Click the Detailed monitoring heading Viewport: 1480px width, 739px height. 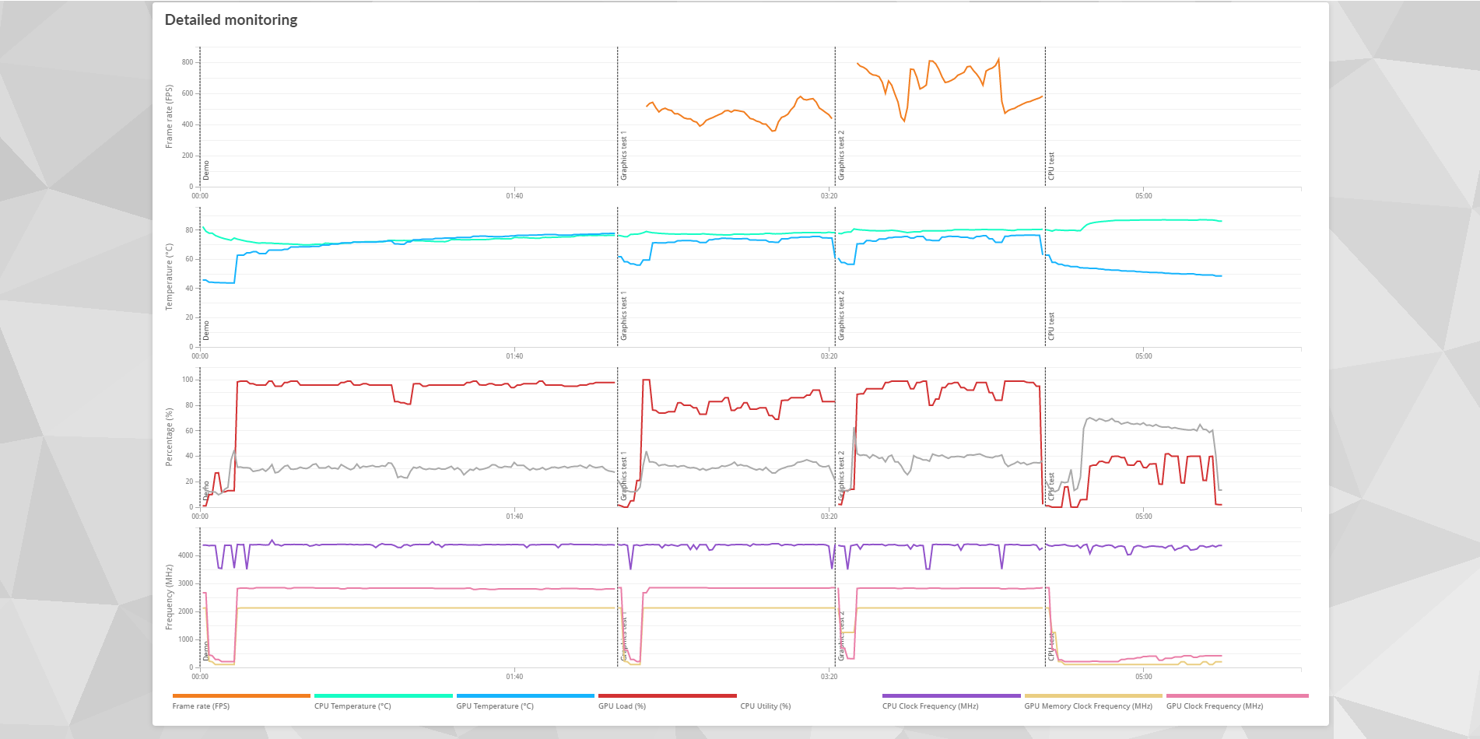231,20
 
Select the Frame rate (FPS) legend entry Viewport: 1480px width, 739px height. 201,706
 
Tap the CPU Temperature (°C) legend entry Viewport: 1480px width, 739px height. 352,706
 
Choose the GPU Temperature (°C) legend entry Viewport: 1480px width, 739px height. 495,706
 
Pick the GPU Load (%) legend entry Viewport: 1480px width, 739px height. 622,706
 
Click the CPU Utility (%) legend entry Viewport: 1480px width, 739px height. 765,706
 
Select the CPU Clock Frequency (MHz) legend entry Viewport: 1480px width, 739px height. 930,706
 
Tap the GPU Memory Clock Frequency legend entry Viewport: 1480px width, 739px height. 1088,706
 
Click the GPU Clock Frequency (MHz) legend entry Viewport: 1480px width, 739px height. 1214,706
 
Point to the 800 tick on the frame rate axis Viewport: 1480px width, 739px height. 188,62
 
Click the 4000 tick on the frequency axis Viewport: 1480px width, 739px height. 185,555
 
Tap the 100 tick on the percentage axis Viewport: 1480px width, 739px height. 188,380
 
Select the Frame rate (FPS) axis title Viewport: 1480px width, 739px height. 169,117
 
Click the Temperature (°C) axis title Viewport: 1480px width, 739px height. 169,277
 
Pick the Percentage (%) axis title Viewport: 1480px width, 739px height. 169,437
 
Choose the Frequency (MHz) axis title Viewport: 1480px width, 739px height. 169,597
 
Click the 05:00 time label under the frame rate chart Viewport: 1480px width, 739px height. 1143,196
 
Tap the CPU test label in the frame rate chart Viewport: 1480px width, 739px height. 1051,166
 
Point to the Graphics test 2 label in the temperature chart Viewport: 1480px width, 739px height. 841,316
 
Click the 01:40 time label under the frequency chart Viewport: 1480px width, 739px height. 514,677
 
